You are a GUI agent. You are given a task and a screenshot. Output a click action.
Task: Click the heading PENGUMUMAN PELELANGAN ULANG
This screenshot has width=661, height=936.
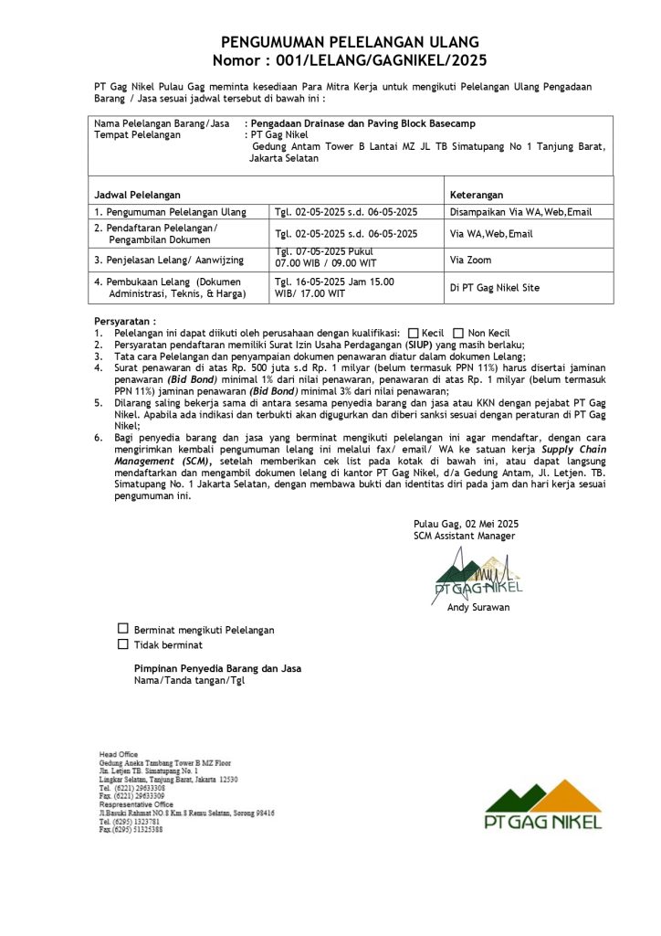coord(350,43)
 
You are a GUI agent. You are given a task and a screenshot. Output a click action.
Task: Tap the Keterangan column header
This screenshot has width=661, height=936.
coord(477,195)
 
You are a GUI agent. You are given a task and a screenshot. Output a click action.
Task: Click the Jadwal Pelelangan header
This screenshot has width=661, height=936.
coord(138,195)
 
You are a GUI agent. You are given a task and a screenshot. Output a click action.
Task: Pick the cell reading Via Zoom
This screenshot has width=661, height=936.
coord(471,260)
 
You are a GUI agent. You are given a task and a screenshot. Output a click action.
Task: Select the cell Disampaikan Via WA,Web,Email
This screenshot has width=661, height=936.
coord(521,212)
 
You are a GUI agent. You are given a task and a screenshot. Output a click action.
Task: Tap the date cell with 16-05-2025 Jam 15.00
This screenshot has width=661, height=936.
coord(334,282)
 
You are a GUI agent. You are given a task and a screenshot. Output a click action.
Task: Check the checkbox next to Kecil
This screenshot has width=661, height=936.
coord(414,333)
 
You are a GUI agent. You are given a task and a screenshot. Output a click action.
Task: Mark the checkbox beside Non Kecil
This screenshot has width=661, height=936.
coord(458,333)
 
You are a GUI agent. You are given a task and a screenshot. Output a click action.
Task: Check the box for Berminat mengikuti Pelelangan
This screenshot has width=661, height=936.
coord(123,629)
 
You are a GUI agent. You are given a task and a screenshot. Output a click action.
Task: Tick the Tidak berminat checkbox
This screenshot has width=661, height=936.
coord(123,644)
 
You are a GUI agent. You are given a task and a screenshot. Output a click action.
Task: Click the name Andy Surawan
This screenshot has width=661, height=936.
coord(478,607)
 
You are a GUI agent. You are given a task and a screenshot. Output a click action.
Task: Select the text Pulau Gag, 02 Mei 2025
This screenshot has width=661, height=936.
coord(466,524)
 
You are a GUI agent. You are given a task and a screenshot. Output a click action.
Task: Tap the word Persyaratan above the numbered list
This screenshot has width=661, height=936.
coord(125,322)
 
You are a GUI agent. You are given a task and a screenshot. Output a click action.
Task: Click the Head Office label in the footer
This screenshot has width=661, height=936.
coord(119,754)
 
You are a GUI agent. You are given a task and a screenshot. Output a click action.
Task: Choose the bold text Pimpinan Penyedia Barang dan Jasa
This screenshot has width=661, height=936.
coord(217,668)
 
